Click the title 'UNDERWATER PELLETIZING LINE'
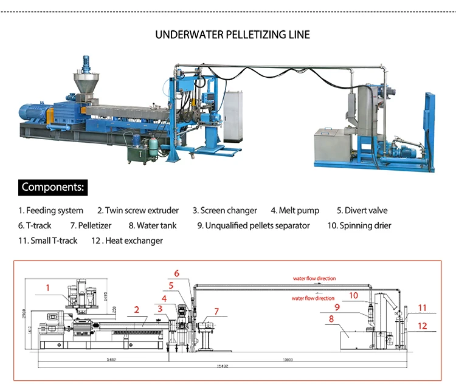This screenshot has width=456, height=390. click(232, 35)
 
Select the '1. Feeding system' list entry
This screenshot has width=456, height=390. click(50, 211)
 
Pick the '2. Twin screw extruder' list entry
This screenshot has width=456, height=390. click(138, 211)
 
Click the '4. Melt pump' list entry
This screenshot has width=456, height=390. click(295, 211)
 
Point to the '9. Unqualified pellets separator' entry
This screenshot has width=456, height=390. click(254, 226)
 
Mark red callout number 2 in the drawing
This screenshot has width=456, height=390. click(137, 310)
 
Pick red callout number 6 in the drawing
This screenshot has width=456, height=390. click(177, 273)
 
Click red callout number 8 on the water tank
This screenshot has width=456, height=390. click(331, 318)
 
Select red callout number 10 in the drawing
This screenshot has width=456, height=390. click(353, 295)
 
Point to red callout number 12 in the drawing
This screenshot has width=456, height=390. click(422, 326)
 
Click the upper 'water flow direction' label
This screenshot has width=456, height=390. click(314, 278)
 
